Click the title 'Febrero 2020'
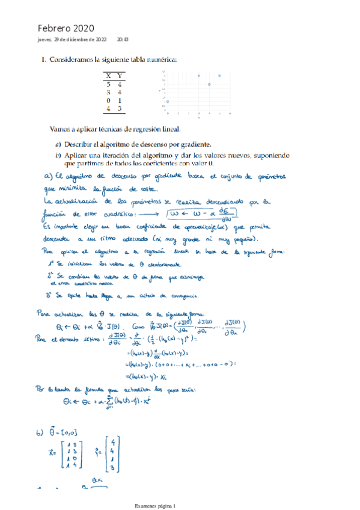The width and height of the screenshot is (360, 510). [x=66, y=28]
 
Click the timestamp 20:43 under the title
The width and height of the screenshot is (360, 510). [x=123, y=40]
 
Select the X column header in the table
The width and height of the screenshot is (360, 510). [x=108, y=76]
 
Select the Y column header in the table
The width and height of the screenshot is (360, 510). [x=120, y=76]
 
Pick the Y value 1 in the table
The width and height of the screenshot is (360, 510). [x=120, y=100]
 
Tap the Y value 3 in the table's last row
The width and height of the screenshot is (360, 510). [x=120, y=109]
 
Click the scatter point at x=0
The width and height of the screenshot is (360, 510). [x=168, y=102]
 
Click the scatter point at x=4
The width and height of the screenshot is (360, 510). [x=209, y=84]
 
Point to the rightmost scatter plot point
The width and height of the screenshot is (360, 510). [x=219, y=76]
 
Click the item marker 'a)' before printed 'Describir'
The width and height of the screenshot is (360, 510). [x=58, y=144]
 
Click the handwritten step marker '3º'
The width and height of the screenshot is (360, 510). [x=52, y=295]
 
